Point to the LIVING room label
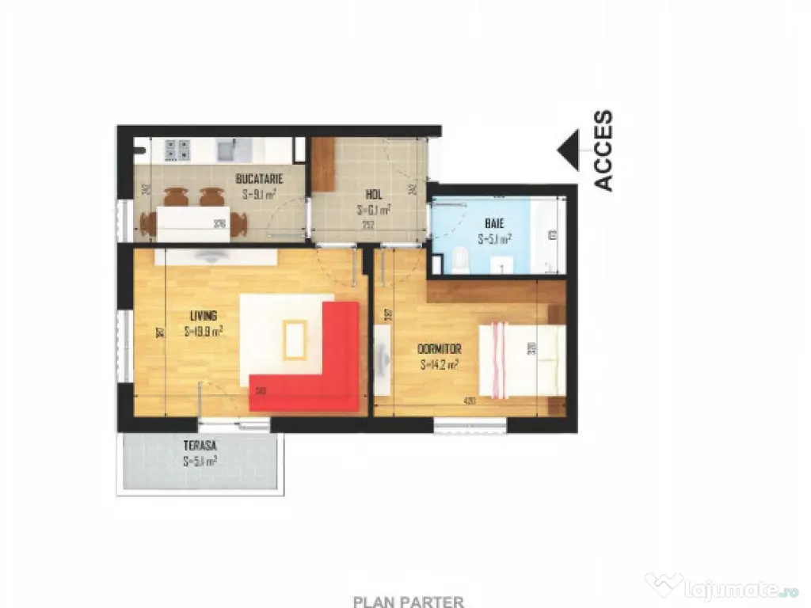(203, 315)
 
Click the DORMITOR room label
(439, 349)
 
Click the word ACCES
(603, 150)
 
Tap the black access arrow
(569, 150)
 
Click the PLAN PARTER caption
(408, 602)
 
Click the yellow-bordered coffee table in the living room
(295, 340)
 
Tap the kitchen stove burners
(177, 149)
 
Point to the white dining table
(183, 222)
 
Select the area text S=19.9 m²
(203, 331)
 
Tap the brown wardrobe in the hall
(323, 165)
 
